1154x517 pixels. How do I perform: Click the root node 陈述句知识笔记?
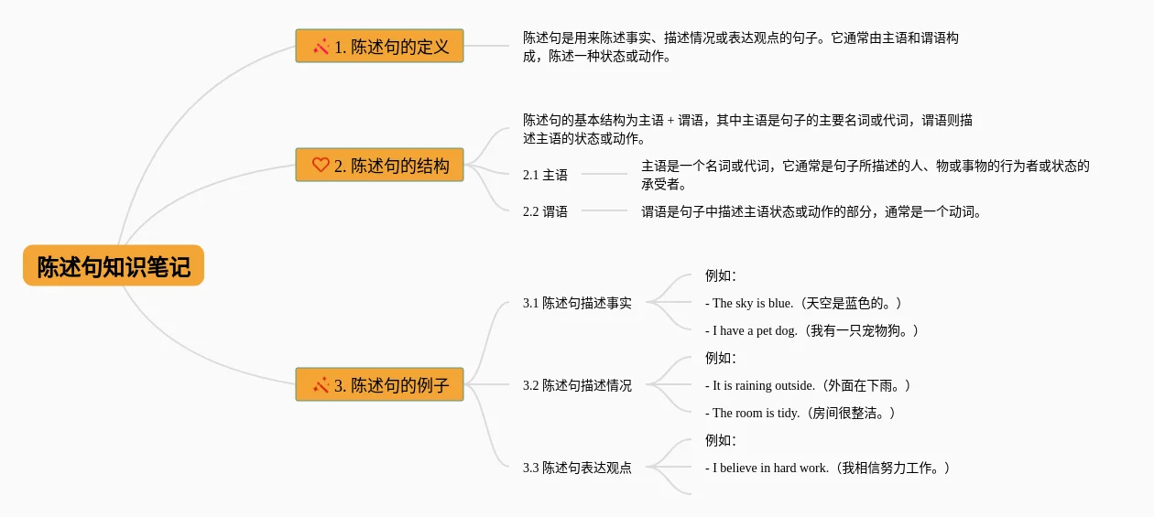(114, 266)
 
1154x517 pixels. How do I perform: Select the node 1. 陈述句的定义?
(379, 46)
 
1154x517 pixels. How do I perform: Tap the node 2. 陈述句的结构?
(379, 165)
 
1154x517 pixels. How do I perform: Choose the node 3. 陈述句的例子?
(379, 384)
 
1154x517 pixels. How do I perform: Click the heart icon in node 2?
(321, 165)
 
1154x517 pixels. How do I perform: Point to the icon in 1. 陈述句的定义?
(321, 46)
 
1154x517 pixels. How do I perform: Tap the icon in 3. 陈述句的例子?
(321, 384)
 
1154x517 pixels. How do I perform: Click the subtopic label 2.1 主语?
(545, 175)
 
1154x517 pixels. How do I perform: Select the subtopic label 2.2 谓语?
(545, 211)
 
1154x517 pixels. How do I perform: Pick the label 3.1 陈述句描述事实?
(577, 303)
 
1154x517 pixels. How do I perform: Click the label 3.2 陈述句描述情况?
(577, 385)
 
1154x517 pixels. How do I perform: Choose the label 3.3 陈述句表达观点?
(577, 468)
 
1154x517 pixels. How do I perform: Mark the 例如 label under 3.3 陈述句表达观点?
(721, 440)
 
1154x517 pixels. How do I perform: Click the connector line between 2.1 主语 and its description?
(604, 174)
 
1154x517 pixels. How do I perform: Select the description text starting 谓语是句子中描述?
(811, 211)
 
